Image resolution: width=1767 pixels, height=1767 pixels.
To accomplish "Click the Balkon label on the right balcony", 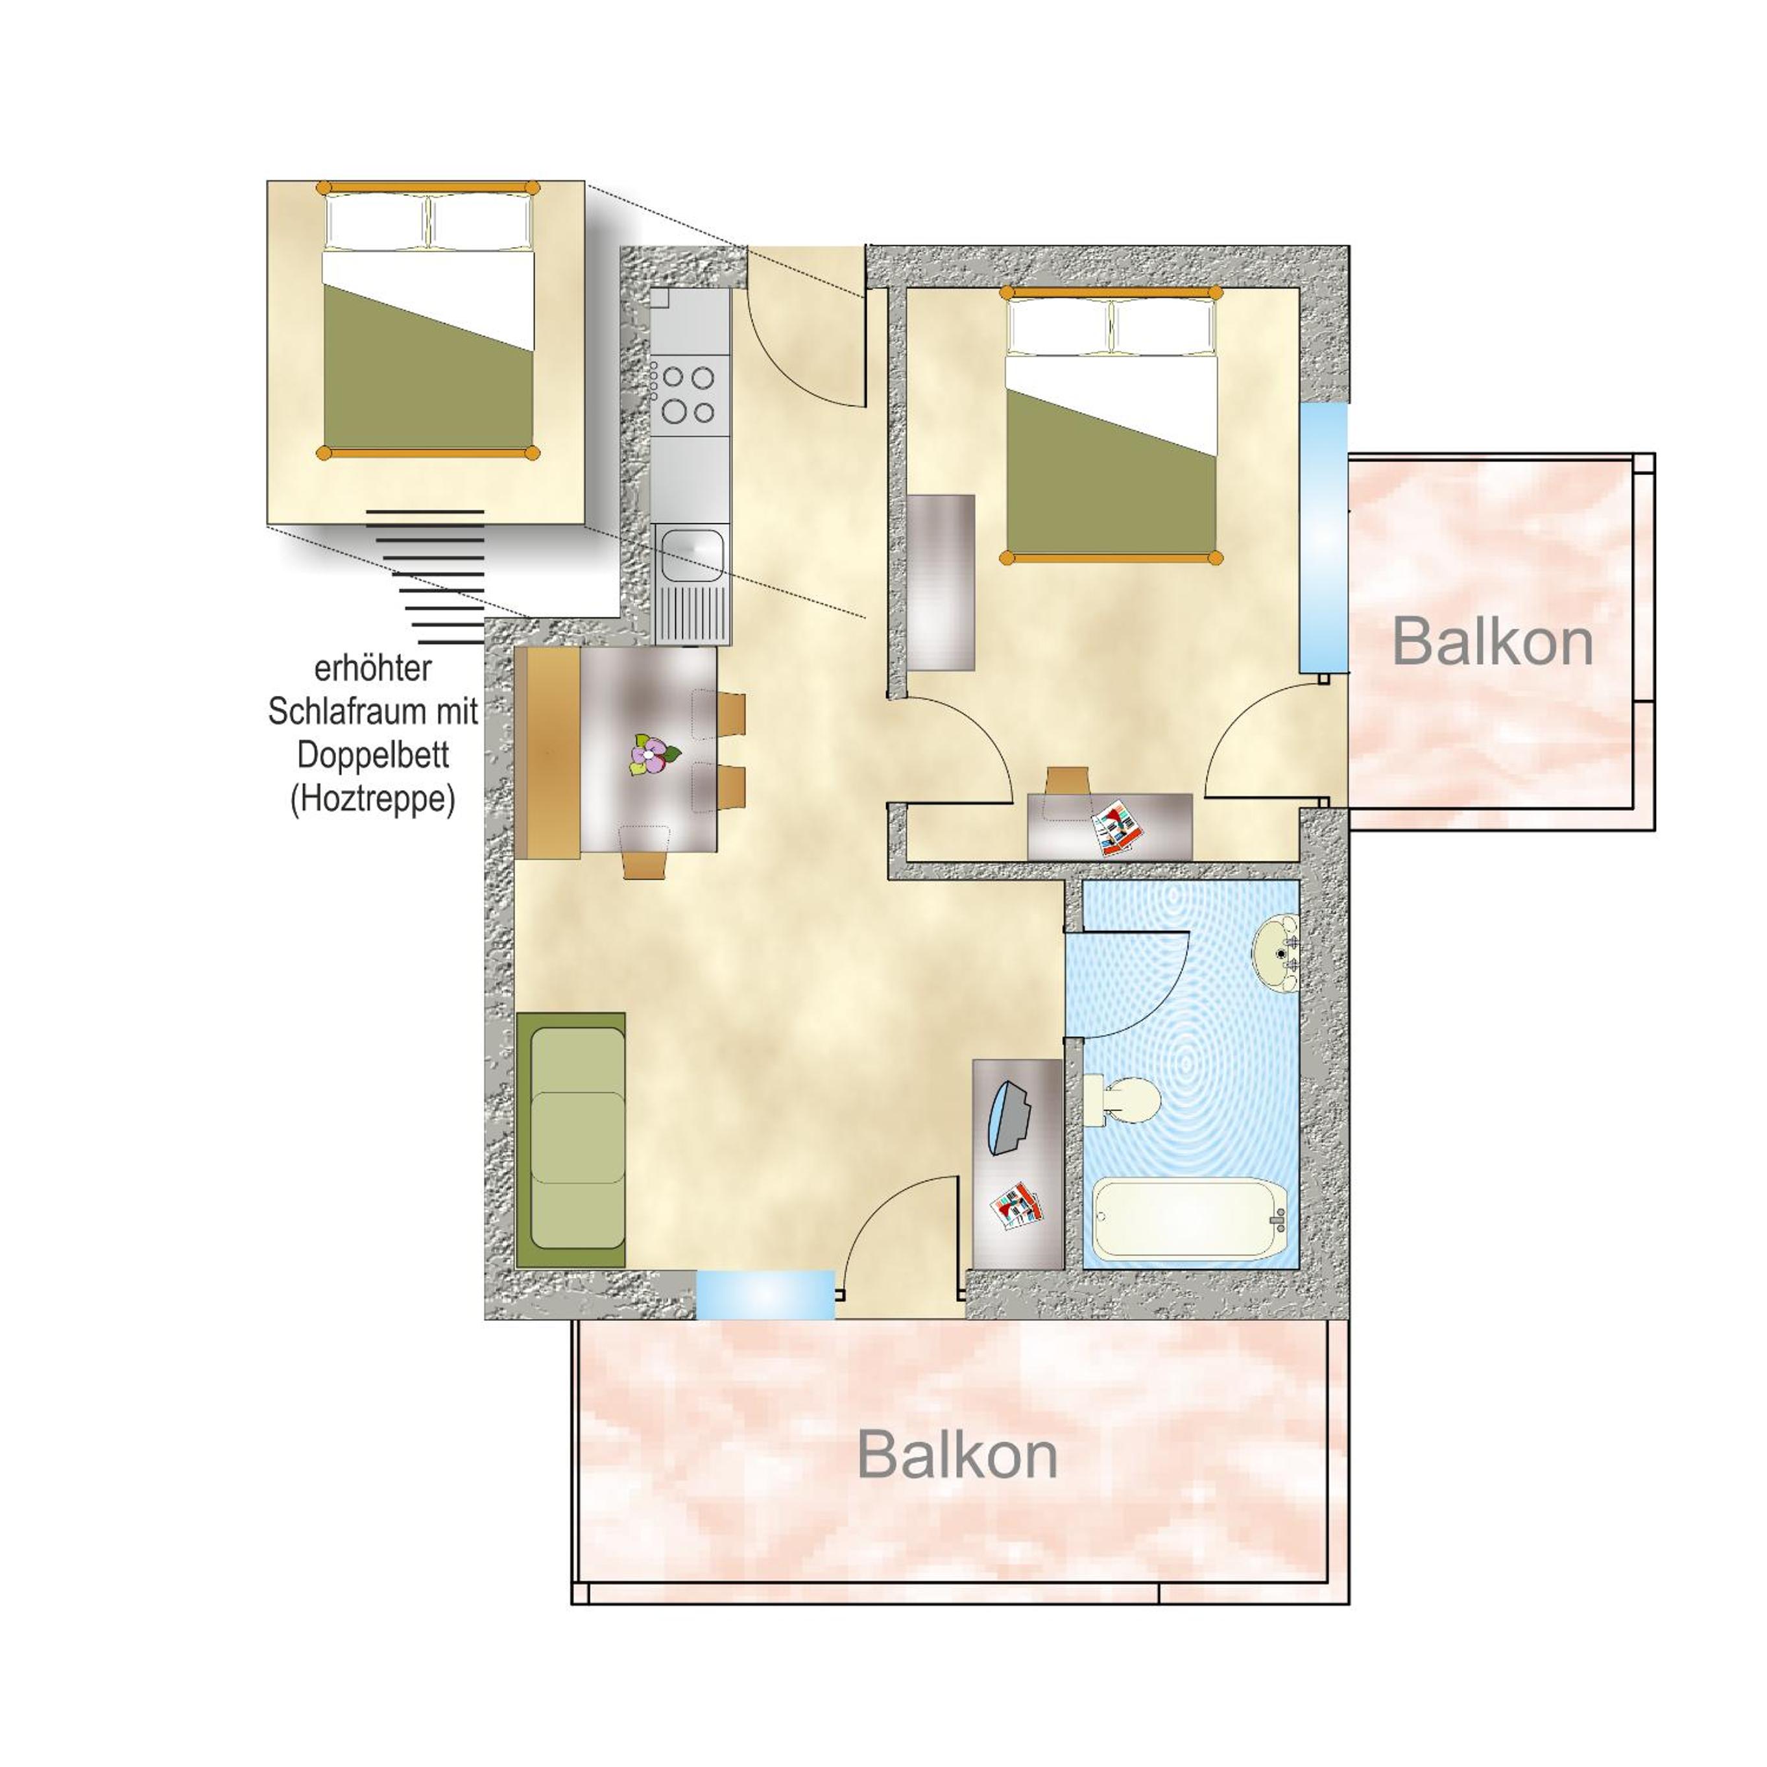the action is pyautogui.click(x=1493, y=643).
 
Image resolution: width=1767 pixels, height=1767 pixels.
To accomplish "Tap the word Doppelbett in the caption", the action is pyautogui.click(x=373, y=756).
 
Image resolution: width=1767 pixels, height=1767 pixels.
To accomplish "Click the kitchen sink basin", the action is pyautogui.click(x=692, y=555).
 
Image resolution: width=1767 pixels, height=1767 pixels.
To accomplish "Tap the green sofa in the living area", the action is pyautogui.click(x=571, y=1140).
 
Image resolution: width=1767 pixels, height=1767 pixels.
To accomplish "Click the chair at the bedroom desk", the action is pyautogui.click(x=1067, y=780).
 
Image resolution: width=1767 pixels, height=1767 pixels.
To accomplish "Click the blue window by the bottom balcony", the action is pyautogui.click(x=765, y=1294).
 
